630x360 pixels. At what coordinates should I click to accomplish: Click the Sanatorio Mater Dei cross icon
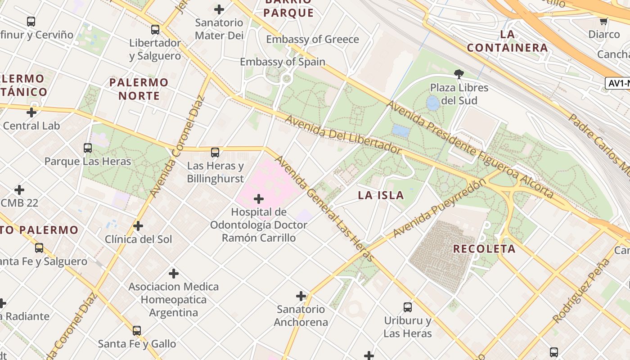[219, 9]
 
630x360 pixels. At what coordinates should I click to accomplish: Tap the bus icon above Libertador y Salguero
[155, 30]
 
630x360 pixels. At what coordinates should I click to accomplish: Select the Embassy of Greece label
[312, 40]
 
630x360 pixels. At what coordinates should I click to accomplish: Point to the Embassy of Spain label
[282, 62]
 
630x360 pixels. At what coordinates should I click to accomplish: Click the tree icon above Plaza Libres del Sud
[459, 74]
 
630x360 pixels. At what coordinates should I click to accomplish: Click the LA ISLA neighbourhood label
[381, 195]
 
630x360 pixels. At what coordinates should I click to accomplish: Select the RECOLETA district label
[484, 249]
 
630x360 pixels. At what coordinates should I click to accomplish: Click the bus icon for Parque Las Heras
[88, 148]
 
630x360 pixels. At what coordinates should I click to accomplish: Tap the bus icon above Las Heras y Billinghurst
[215, 152]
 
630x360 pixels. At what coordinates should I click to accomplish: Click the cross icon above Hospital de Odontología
[259, 198]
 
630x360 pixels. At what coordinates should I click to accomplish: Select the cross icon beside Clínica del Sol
[138, 225]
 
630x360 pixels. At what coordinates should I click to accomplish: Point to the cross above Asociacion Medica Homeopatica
[174, 273]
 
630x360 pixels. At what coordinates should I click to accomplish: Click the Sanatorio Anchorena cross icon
[301, 296]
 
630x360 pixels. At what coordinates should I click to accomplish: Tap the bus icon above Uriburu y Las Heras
[408, 307]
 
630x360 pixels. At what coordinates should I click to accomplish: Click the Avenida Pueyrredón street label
[440, 208]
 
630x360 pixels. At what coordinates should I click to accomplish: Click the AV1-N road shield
[617, 83]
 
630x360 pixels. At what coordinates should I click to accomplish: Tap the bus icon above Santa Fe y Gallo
[137, 331]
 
